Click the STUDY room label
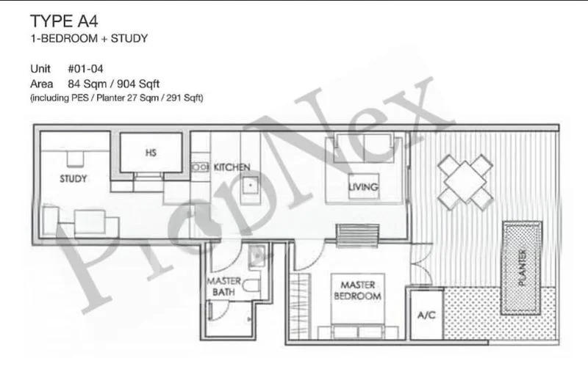(x=73, y=179)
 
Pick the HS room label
(x=151, y=153)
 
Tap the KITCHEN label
(x=232, y=168)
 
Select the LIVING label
(x=363, y=188)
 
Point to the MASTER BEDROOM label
(x=357, y=291)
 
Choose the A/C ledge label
(x=426, y=315)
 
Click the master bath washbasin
(x=257, y=256)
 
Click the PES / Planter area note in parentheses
(x=116, y=98)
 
